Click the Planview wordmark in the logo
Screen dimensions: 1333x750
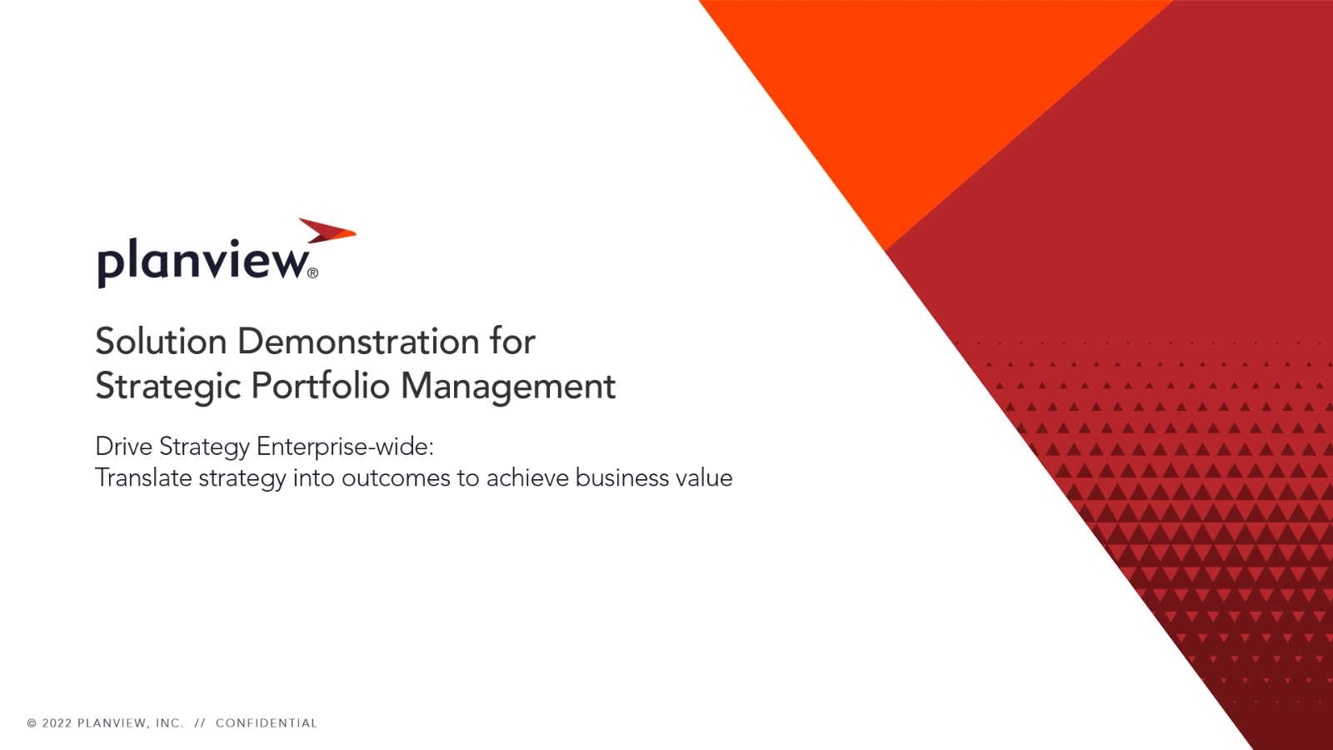click(203, 262)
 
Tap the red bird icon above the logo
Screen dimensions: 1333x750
click(327, 231)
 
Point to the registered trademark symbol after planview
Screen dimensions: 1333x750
click(313, 273)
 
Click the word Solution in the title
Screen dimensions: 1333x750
click(162, 342)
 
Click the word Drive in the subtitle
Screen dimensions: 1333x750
click(123, 447)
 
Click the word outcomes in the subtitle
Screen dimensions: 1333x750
click(396, 478)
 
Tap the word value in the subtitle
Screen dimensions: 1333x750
click(705, 477)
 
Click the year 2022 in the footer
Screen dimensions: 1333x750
click(57, 723)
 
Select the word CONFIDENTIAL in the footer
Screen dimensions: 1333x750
click(267, 723)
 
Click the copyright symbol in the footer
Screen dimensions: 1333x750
click(32, 723)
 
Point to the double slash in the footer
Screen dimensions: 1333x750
click(200, 723)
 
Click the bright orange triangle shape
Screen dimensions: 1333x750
click(916, 89)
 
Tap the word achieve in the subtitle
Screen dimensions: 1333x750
click(528, 477)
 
